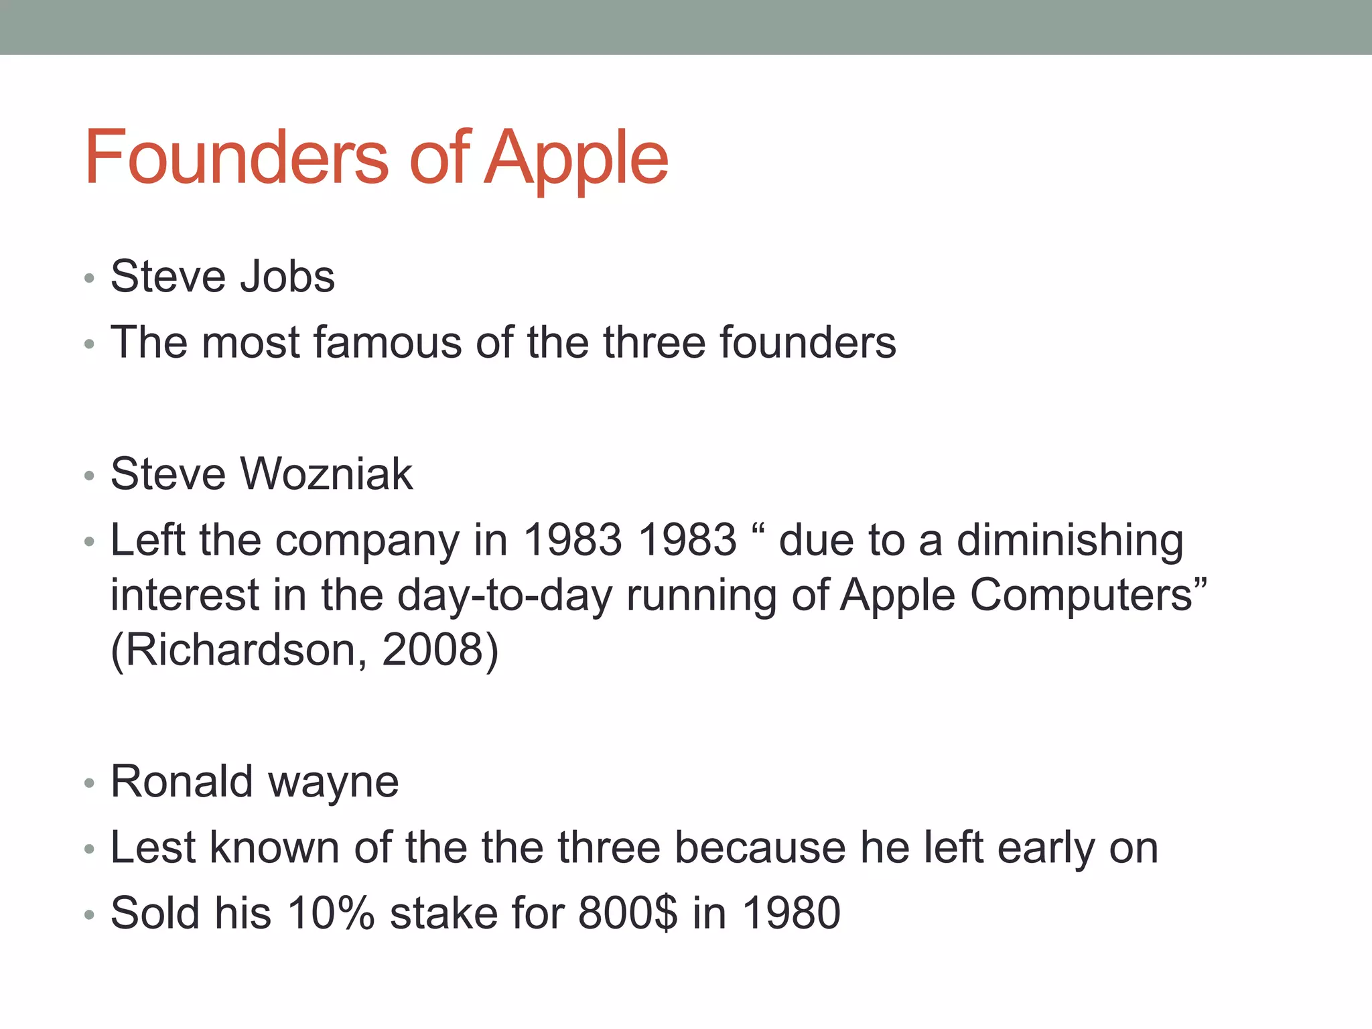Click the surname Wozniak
point(326,474)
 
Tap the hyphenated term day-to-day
point(504,596)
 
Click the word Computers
point(1081,596)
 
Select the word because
point(760,847)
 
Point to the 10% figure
point(330,913)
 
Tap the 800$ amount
point(628,913)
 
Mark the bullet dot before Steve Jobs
point(90,278)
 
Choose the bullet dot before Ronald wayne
point(90,783)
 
